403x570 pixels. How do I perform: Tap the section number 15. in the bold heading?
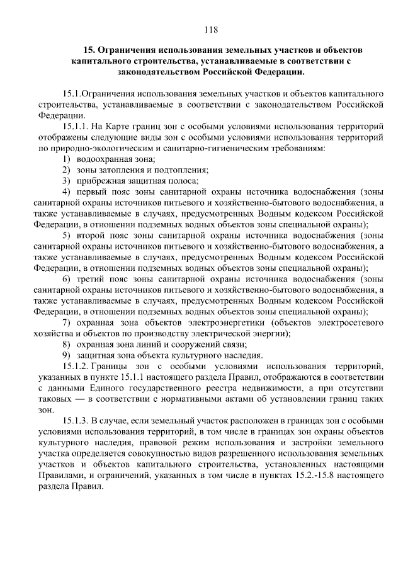(89, 49)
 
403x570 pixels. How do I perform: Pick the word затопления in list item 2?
(116, 170)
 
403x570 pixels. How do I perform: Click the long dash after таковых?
(79, 398)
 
